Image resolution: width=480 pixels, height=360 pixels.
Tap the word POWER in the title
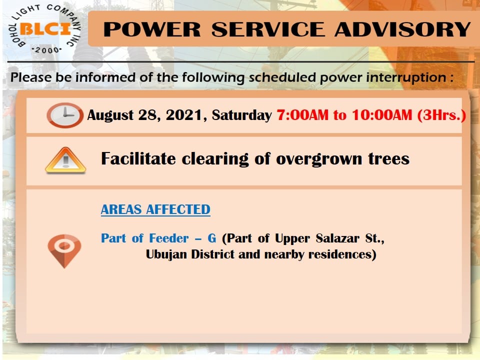tap(152, 29)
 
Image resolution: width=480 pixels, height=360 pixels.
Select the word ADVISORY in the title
tap(402, 29)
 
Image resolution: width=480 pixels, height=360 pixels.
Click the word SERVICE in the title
tap(268, 29)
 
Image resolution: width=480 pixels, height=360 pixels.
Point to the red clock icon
tap(65, 115)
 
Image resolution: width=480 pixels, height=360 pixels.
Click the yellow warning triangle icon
tap(65, 160)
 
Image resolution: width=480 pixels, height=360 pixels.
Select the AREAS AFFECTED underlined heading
tap(155, 209)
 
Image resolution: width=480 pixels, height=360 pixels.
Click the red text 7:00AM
tap(302, 115)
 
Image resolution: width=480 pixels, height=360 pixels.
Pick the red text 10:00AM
tap(382, 115)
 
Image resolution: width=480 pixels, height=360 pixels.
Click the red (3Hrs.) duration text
tap(441, 115)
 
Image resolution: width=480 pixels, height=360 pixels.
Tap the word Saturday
tap(242, 115)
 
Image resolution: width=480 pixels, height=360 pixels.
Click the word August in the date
tap(110, 115)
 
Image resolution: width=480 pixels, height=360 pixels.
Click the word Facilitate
tap(138, 158)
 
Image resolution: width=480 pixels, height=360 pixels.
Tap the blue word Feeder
tap(168, 238)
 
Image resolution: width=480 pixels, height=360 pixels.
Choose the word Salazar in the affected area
tap(337, 238)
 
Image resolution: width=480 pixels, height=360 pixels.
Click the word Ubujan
tap(166, 254)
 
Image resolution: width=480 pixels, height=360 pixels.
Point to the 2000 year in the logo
tap(47, 50)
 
